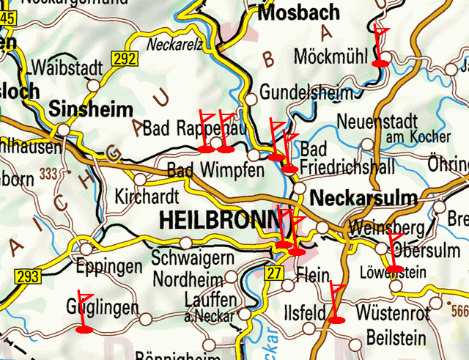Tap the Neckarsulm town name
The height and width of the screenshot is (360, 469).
(x=363, y=197)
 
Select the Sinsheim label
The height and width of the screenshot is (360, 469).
(x=92, y=110)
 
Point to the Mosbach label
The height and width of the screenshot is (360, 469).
(x=300, y=12)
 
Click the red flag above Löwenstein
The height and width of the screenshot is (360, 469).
(x=394, y=252)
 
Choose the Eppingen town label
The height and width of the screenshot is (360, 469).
(x=111, y=266)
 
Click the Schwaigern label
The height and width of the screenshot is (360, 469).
(x=193, y=258)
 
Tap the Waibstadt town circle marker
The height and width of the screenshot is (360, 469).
(x=94, y=85)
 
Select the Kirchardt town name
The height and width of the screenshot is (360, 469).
(x=147, y=197)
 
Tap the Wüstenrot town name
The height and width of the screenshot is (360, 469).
(x=391, y=314)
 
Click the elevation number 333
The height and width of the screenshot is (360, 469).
(x=49, y=174)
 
